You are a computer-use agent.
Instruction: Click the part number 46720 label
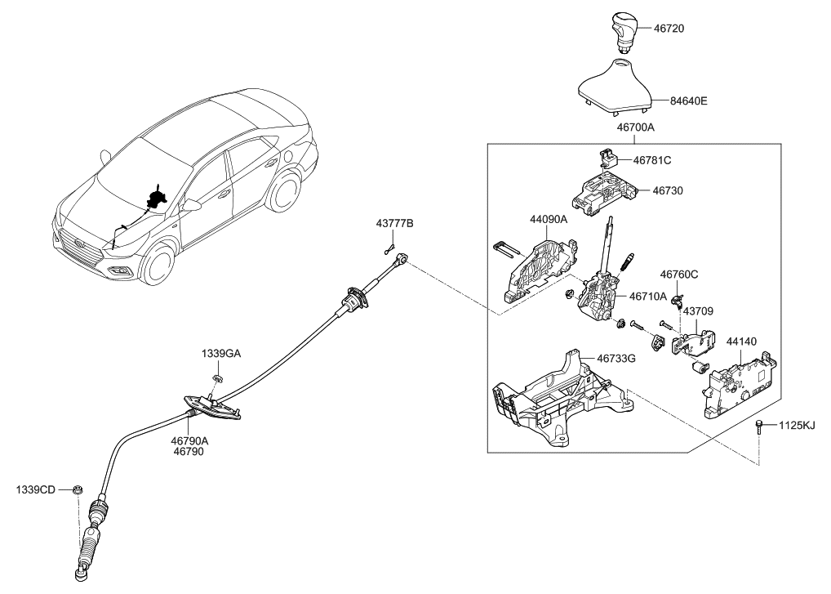pyautogui.click(x=669, y=29)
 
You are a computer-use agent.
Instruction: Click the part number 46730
pyautogui.click(x=667, y=190)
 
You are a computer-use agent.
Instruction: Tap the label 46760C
pyautogui.click(x=679, y=275)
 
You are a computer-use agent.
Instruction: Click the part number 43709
pyautogui.click(x=698, y=310)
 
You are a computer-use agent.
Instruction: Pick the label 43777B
pyautogui.click(x=394, y=223)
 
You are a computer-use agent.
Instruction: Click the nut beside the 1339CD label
pyautogui.click(x=75, y=490)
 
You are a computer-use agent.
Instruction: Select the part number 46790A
pyautogui.click(x=189, y=440)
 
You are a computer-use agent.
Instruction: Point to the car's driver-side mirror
pyautogui.click(x=192, y=205)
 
